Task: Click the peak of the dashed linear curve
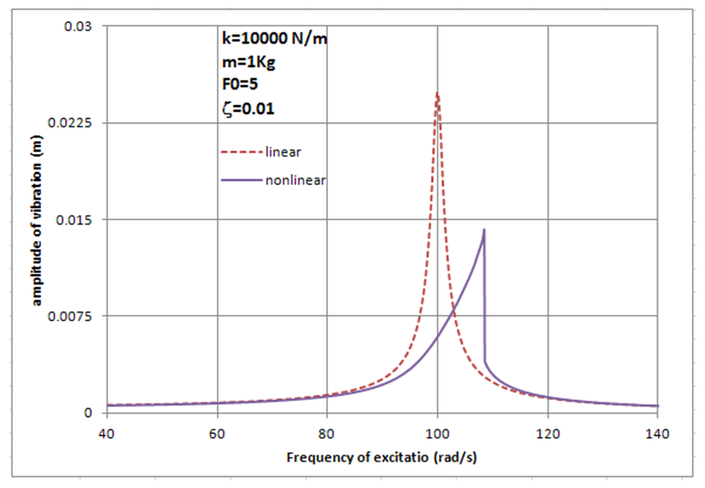(x=437, y=93)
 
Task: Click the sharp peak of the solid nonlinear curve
(x=483, y=230)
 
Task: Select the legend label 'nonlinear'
(x=295, y=179)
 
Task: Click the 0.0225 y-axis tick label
(x=75, y=123)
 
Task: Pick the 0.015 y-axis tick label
(x=78, y=219)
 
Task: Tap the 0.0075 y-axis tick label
(x=75, y=316)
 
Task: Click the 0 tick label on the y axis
(x=90, y=412)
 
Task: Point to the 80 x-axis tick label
(x=327, y=433)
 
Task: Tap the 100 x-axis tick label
(x=437, y=433)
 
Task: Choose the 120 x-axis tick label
(x=547, y=433)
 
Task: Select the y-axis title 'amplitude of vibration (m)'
(x=37, y=219)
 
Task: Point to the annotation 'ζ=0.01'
(x=248, y=109)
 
